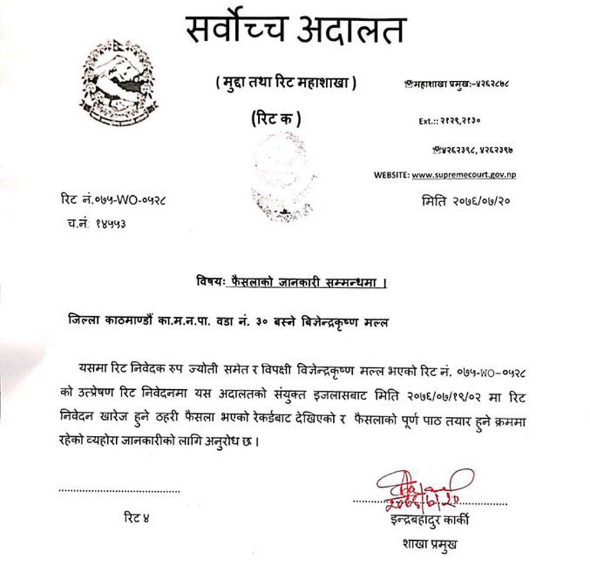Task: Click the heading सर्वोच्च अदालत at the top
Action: click(296, 31)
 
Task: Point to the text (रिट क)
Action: click(273, 120)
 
